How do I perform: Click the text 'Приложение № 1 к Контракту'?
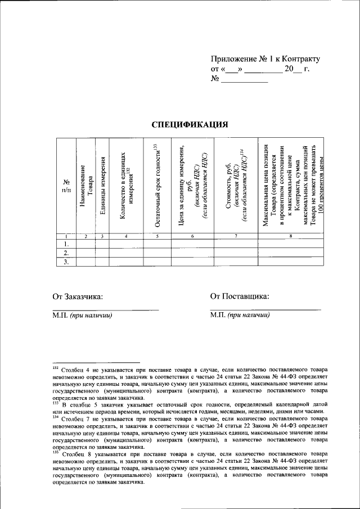[265, 58]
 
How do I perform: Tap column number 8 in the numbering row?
[290, 237]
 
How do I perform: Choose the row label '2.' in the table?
[66, 253]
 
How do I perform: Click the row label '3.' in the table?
[66, 262]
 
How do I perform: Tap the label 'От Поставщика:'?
[239, 296]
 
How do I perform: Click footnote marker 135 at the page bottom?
[55, 451]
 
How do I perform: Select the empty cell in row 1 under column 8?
[290, 244]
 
